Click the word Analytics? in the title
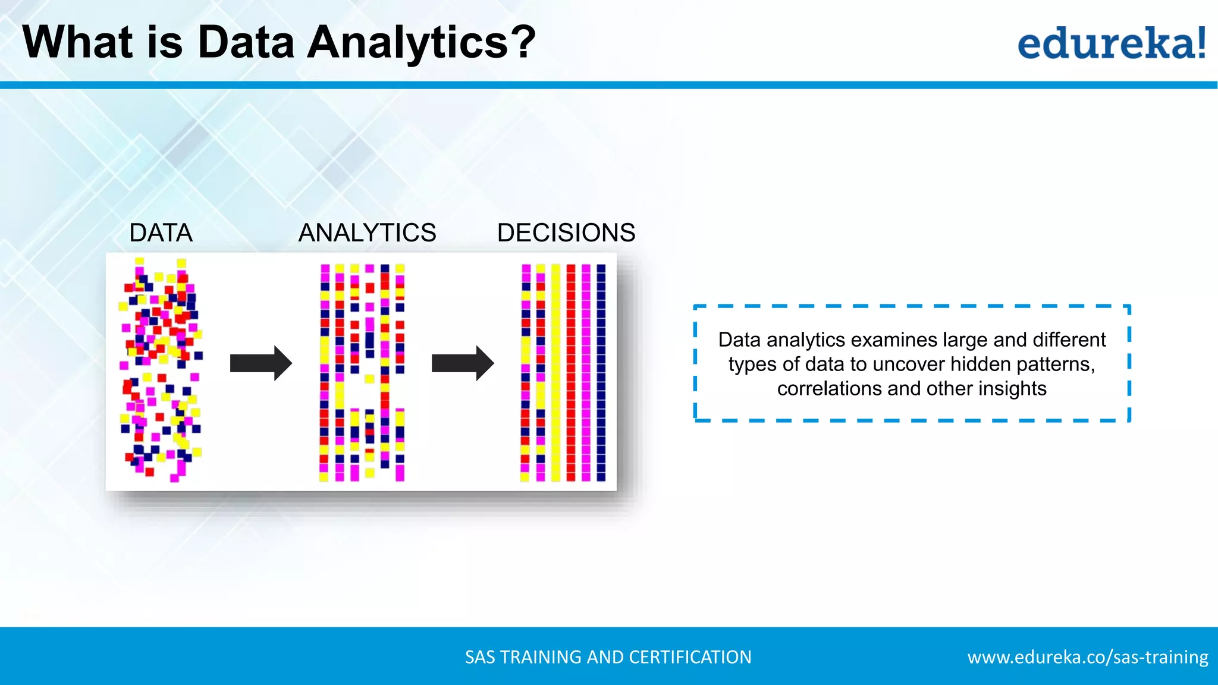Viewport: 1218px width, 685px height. [x=421, y=43]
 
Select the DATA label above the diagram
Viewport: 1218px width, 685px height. [x=161, y=232]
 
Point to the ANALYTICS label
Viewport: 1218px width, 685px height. [x=367, y=232]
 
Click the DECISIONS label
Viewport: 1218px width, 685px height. [x=566, y=232]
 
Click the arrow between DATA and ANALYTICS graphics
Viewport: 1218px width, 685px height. [x=260, y=363]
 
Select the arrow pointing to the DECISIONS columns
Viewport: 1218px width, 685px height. [x=462, y=363]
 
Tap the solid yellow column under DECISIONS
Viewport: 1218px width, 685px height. [x=555, y=372]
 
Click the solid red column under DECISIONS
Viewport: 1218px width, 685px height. [x=571, y=372]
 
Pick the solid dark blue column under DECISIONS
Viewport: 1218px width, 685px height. [x=601, y=372]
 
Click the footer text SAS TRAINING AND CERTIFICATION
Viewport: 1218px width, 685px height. [x=608, y=657]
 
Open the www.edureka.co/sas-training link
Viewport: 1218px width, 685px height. [x=1087, y=657]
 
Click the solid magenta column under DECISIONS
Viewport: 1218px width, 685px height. [x=586, y=372]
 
